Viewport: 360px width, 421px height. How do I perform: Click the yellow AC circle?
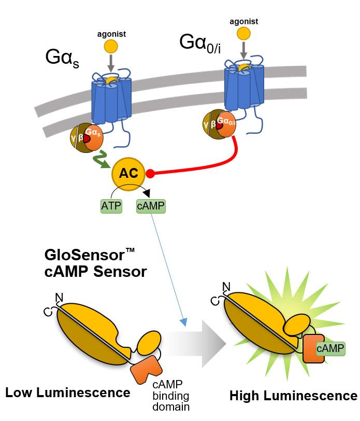(128, 174)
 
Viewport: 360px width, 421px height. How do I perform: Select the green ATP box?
(111, 206)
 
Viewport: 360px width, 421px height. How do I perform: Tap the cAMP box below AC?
(151, 206)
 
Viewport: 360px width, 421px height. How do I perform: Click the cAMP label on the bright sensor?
(330, 348)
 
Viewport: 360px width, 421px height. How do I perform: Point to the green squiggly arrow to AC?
(101, 160)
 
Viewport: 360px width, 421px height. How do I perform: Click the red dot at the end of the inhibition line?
(150, 174)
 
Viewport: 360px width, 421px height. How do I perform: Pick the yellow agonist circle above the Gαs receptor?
(111, 47)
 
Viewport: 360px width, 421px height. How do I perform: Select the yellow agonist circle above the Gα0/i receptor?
(243, 34)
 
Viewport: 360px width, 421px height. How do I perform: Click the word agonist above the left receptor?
(111, 34)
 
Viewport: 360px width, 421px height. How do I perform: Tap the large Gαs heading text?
(62, 58)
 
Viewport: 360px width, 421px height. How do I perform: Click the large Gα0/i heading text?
(200, 43)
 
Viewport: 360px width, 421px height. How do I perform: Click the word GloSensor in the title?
(84, 255)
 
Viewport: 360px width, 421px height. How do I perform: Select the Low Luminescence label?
(68, 392)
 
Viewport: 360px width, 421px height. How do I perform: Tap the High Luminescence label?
(294, 396)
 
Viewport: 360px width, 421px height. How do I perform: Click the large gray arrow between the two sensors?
(196, 344)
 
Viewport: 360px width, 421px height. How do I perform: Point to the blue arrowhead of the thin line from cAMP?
(184, 322)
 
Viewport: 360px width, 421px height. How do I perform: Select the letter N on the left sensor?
(59, 298)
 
